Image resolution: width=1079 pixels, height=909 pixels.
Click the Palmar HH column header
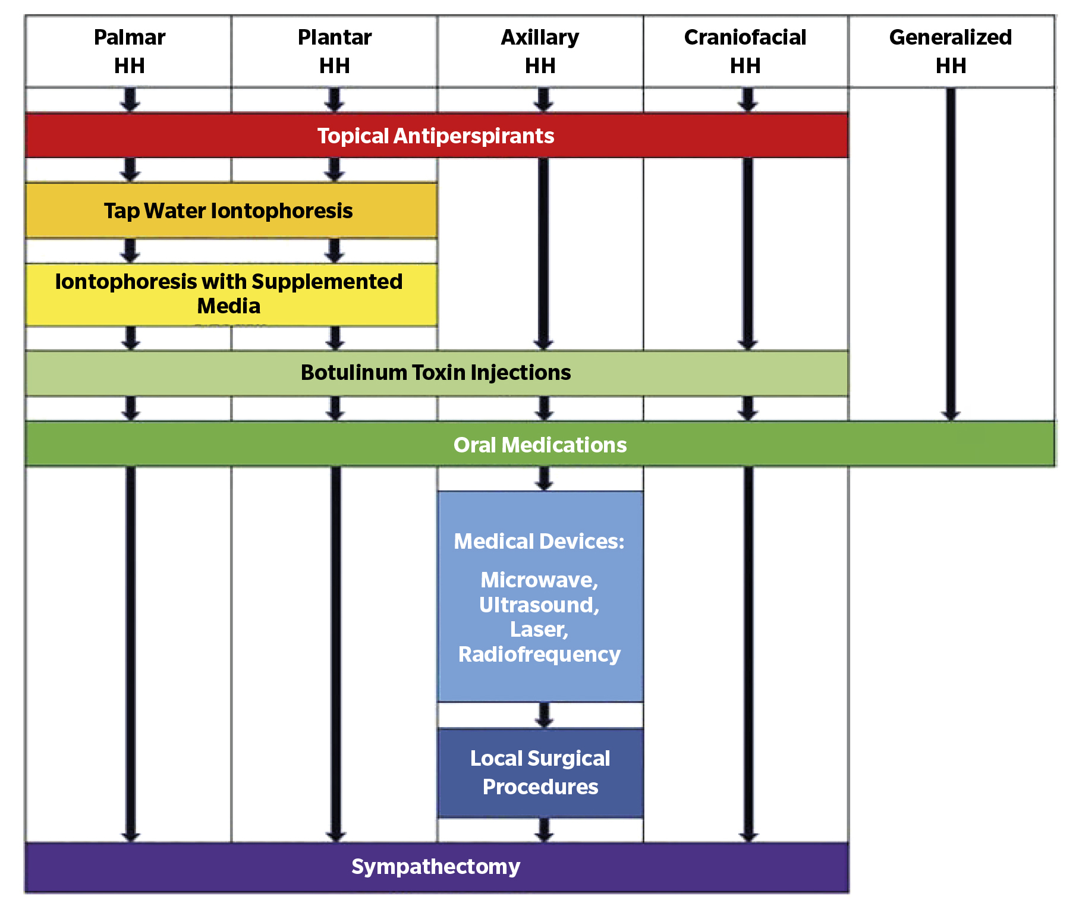point(129,51)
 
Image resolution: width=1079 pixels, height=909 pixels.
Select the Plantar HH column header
point(335,51)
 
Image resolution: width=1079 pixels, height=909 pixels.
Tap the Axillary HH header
point(540,51)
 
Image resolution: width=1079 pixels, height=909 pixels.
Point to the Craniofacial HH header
point(745,51)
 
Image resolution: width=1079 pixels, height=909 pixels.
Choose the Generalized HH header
point(951,51)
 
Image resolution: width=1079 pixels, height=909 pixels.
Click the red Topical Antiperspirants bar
point(436,136)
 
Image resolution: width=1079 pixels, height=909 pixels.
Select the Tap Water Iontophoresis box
point(229,211)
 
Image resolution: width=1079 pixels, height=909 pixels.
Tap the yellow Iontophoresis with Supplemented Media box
point(229,294)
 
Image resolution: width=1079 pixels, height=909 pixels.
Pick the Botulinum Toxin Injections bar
point(436,373)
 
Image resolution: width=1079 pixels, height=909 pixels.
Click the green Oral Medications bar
point(540,445)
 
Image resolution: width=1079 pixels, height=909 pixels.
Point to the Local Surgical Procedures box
point(540,772)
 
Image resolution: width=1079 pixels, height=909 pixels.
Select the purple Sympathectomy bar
point(436,867)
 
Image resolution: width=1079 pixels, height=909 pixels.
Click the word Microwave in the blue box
point(539,580)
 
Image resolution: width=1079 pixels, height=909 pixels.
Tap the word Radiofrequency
point(539,654)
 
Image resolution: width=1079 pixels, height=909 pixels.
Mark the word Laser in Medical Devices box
point(539,629)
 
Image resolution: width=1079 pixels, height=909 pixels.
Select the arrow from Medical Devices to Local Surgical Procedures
point(543,715)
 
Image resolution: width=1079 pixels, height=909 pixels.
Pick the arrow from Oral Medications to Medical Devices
point(543,478)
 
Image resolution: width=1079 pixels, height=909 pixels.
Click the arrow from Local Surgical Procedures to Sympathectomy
point(543,830)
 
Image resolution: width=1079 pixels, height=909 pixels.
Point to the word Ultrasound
point(539,605)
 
